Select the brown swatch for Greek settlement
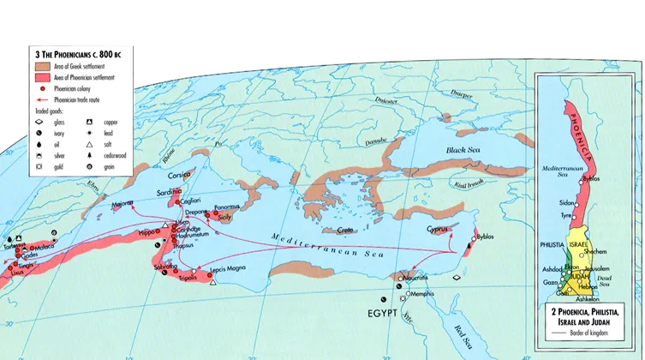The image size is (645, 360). click(37, 66)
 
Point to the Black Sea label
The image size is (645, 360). click(464, 150)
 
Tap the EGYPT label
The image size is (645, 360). click(383, 314)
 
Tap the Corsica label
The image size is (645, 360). click(174, 173)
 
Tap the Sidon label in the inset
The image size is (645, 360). click(566, 203)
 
